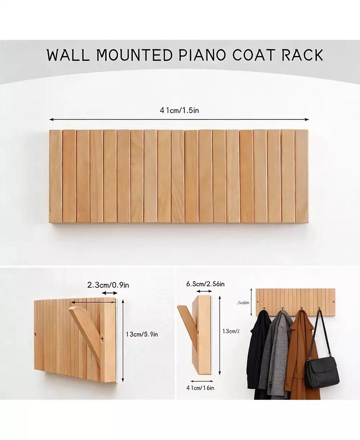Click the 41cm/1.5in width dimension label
(x=179, y=110)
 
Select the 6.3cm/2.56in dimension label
(x=205, y=284)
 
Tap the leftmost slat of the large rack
(x=55, y=176)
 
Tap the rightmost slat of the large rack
(x=302, y=176)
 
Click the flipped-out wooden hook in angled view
(x=86, y=331)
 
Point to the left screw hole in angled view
(x=36, y=333)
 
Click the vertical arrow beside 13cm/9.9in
(x=124, y=339)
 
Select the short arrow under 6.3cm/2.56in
(x=204, y=292)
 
